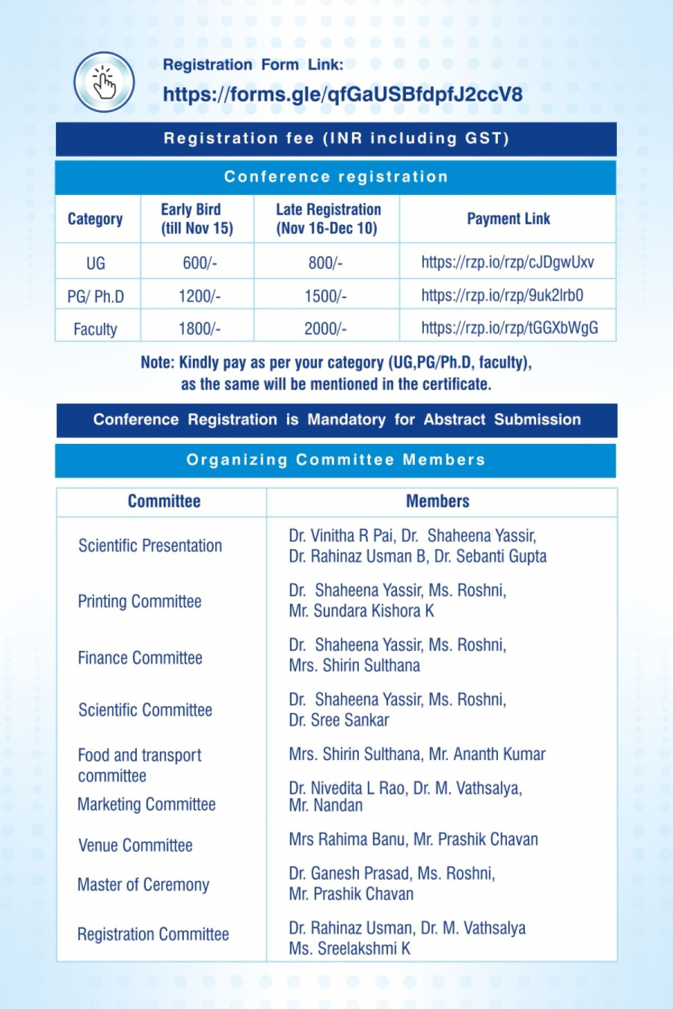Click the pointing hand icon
[x=104, y=82]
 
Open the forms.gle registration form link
[x=342, y=95]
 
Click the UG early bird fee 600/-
[x=199, y=263]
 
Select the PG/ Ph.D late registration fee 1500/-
[x=325, y=296]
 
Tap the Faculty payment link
[x=509, y=328]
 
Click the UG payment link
[x=507, y=262]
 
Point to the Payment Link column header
[x=508, y=219]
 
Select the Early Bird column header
[x=197, y=219]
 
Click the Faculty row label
[x=95, y=329]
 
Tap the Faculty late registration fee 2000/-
[x=325, y=329]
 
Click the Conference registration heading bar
[x=336, y=177]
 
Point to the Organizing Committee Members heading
[x=336, y=460]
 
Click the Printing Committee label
[x=140, y=602]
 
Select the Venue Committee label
[x=135, y=845]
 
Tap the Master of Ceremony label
[x=144, y=885]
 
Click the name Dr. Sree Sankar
[x=339, y=721]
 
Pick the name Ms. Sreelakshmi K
[x=349, y=949]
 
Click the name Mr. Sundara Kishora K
[x=361, y=611]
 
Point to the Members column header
[x=437, y=502]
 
